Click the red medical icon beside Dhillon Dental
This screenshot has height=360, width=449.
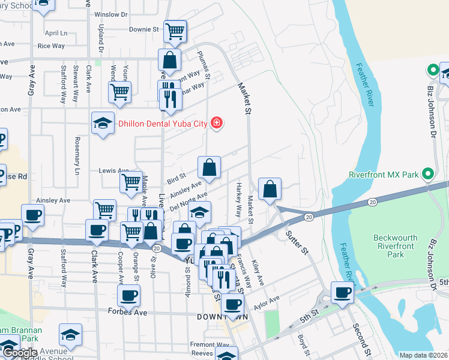(x=217, y=124)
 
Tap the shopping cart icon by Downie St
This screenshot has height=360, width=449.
(x=175, y=31)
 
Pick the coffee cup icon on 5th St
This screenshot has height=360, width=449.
(x=343, y=292)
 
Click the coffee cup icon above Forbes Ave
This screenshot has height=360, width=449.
(x=129, y=295)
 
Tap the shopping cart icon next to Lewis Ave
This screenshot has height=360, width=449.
(x=131, y=182)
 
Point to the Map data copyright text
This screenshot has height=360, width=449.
(x=423, y=355)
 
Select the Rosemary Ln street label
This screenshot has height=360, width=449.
(x=77, y=152)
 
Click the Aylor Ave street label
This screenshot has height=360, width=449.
(x=267, y=302)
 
